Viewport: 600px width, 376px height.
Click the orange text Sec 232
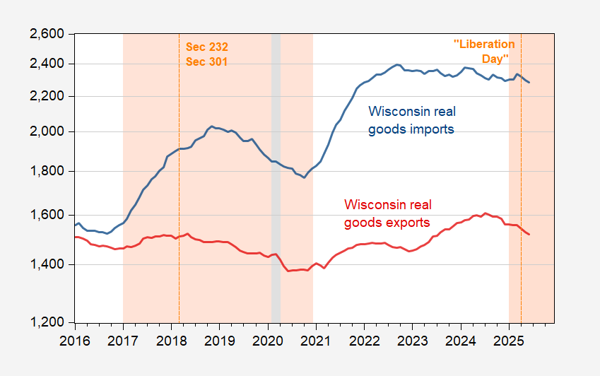click(x=207, y=47)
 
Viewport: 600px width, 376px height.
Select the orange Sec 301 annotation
click(x=207, y=61)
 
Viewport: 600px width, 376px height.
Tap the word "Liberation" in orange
click(x=484, y=44)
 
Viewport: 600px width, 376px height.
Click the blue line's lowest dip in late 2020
click(x=304, y=177)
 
